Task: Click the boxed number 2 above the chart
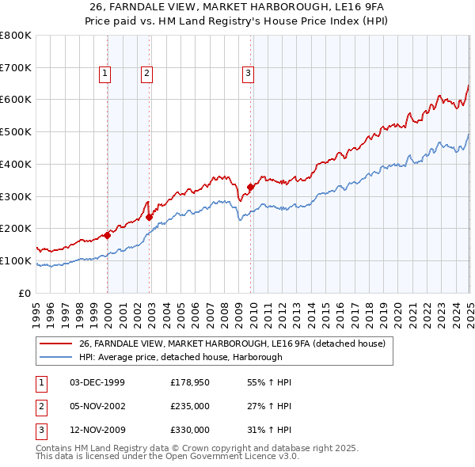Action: click(147, 74)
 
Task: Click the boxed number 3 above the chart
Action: click(248, 74)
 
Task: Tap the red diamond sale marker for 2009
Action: click(250, 187)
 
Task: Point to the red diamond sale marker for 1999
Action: click(107, 235)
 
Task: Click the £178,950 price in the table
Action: click(190, 382)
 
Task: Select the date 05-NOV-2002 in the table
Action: click(97, 406)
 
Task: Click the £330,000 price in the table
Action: click(190, 430)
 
